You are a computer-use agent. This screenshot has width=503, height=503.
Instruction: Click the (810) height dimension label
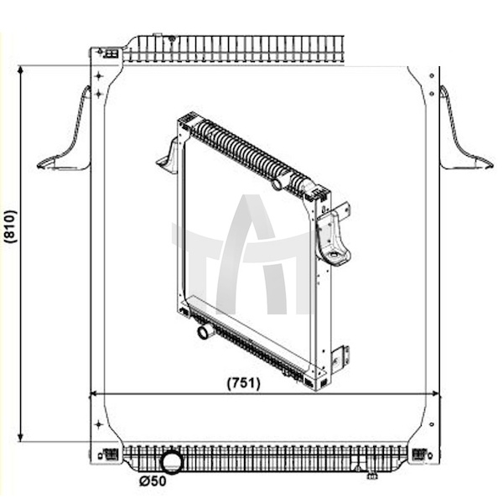(x=11, y=226)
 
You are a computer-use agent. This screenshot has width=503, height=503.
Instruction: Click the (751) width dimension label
(x=243, y=383)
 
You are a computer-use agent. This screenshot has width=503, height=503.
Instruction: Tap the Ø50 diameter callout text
(x=153, y=481)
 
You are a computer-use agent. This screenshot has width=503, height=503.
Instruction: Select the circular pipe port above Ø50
(x=171, y=462)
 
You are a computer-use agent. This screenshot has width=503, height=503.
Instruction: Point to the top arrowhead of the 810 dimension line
(x=21, y=70)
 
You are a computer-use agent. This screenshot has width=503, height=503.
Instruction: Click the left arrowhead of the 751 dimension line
(x=93, y=393)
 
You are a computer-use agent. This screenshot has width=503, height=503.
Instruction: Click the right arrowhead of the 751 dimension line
(x=436, y=393)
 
